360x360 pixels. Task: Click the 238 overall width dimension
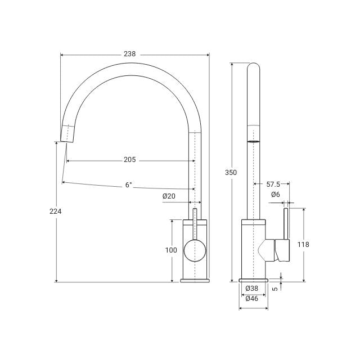click(130, 54)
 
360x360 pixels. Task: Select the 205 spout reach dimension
click(130, 160)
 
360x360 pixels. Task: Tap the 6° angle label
click(129, 184)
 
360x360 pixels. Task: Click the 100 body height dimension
click(172, 250)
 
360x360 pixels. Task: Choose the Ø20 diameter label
click(169, 196)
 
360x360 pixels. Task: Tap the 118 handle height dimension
click(303, 244)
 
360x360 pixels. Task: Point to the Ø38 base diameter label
click(252, 289)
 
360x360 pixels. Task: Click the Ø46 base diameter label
click(252, 299)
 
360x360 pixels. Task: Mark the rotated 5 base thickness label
click(274, 289)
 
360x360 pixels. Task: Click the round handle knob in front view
click(195, 250)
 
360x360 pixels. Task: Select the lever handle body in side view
click(282, 250)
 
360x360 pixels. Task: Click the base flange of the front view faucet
click(195, 280)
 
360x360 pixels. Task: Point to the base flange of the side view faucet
click(253, 280)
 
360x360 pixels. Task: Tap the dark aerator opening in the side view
click(254, 141)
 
